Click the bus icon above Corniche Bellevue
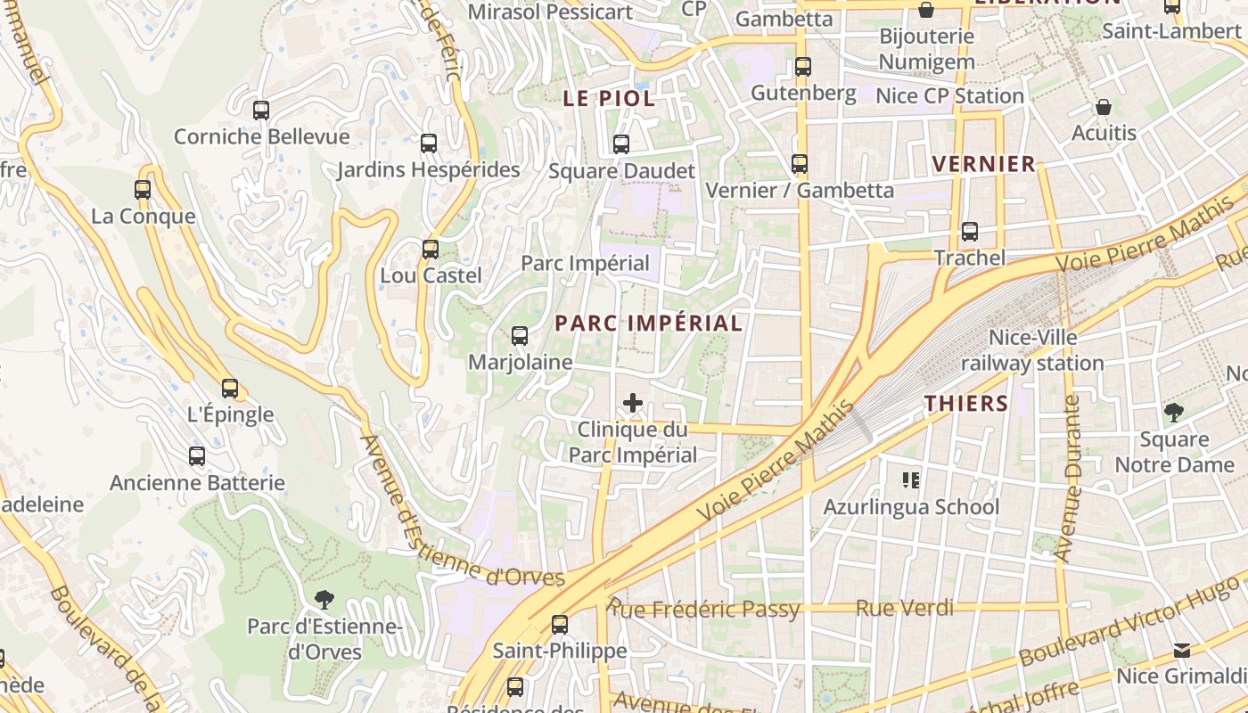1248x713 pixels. (x=260, y=111)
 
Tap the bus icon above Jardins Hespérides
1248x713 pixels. (x=429, y=143)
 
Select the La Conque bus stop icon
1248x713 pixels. (x=143, y=190)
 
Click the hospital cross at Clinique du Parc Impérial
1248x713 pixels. (x=633, y=403)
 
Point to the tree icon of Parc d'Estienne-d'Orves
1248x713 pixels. (x=324, y=599)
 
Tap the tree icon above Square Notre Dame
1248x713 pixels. (x=1174, y=413)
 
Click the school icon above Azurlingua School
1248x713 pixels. (x=910, y=480)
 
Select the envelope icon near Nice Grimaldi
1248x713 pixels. (x=1181, y=650)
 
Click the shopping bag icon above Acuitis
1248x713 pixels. (x=1104, y=107)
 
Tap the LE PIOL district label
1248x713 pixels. (x=609, y=99)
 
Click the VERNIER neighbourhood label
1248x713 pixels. (x=983, y=164)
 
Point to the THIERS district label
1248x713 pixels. (x=966, y=403)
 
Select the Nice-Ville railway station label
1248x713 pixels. (x=1032, y=350)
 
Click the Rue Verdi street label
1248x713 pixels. (x=904, y=608)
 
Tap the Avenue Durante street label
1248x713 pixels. (x=1068, y=478)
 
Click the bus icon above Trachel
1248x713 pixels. (x=970, y=232)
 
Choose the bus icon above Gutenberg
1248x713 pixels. (x=803, y=67)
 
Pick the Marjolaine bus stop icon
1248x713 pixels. (x=520, y=336)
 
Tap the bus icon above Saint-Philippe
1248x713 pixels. (x=560, y=625)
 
